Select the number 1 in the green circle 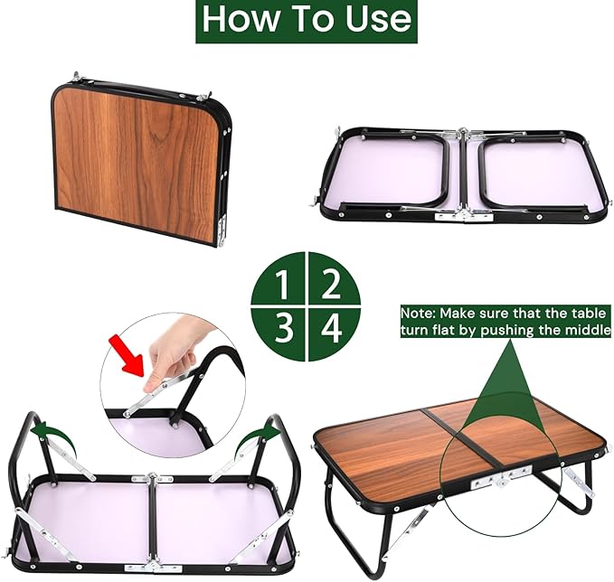click(x=283, y=286)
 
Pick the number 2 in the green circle click(x=331, y=286)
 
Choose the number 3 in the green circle click(x=283, y=328)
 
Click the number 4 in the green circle click(x=332, y=328)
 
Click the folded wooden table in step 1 click(x=136, y=163)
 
